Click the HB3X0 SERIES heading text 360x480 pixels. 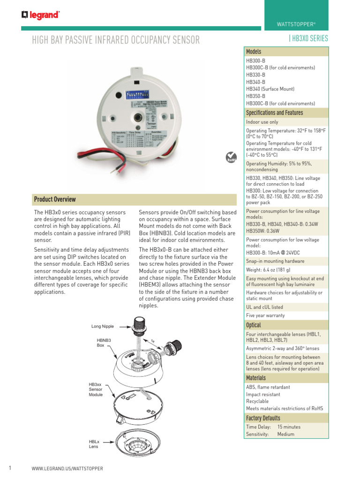(310, 39)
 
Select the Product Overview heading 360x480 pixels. (55, 199)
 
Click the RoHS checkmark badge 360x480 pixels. (231, 157)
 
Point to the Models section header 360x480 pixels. (254, 52)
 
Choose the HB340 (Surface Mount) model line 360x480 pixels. (270, 89)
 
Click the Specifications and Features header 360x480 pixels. (274, 112)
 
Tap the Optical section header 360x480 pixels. (254, 325)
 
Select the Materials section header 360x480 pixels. (256, 378)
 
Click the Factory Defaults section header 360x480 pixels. (263, 418)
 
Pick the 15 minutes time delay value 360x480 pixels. (289, 427)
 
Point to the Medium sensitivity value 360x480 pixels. (286, 435)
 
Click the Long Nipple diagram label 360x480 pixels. (103, 326)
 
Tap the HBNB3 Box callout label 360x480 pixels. (104, 342)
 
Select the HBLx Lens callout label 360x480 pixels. (94, 444)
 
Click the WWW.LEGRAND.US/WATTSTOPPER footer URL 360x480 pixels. (67, 469)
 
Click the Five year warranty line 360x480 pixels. (265, 315)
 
